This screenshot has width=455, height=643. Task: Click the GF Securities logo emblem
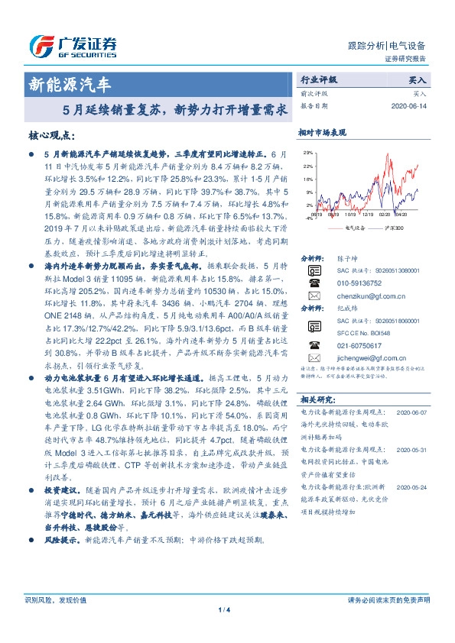click(x=40, y=46)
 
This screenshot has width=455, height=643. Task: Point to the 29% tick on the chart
click(x=308, y=153)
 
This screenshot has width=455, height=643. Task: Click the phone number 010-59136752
click(x=359, y=283)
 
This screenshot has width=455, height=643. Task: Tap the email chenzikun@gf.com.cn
click(x=366, y=295)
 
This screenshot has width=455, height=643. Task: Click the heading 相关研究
click(x=317, y=399)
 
